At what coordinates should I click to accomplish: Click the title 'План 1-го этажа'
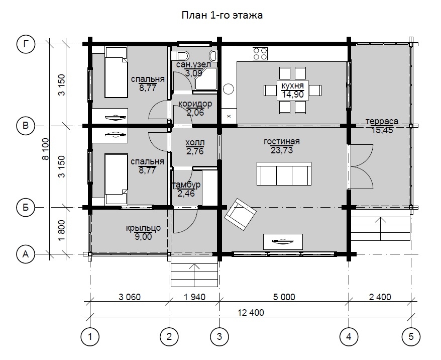(x=222, y=15)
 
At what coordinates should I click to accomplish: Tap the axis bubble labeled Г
(x=26, y=44)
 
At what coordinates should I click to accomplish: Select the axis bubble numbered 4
(x=349, y=337)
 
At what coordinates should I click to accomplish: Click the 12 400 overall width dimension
(x=251, y=312)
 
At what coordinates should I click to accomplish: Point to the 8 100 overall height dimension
(x=45, y=149)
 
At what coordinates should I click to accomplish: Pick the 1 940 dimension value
(x=194, y=297)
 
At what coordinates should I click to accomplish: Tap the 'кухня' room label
(x=292, y=85)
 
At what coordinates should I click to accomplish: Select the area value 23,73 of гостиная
(x=282, y=150)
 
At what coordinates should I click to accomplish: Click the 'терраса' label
(x=382, y=121)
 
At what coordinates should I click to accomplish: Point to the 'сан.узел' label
(x=193, y=64)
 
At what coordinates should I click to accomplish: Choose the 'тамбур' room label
(x=186, y=185)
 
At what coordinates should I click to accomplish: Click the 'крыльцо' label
(x=143, y=228)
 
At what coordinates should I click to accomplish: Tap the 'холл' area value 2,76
(x=195, y=151)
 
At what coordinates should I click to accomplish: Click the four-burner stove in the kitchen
(x=260, y=54)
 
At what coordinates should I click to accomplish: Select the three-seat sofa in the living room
(x=284, y=173)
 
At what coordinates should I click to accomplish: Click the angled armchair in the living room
(x=240, y=214)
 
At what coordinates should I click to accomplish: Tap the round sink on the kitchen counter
(x=229, y=89)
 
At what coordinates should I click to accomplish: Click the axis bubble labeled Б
(x=26, y=208)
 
